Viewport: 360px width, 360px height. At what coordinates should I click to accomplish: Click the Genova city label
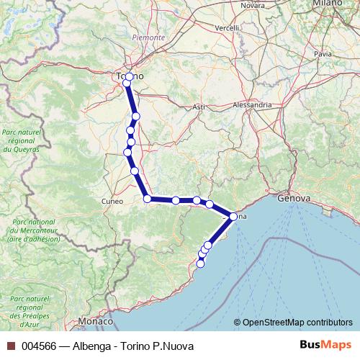(293, 197)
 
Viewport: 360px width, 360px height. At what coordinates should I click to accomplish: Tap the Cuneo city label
(112, 201)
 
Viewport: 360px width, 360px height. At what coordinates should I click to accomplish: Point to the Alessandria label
(253, 104)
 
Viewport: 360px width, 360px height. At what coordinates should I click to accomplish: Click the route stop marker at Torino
(129, 76)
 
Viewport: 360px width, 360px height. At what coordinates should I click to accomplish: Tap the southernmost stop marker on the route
(200, 264)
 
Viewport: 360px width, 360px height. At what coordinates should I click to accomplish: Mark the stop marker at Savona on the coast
(233, 216)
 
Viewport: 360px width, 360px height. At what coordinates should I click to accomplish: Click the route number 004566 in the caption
(39, 346)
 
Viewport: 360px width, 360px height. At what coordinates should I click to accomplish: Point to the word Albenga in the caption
(93, 346)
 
